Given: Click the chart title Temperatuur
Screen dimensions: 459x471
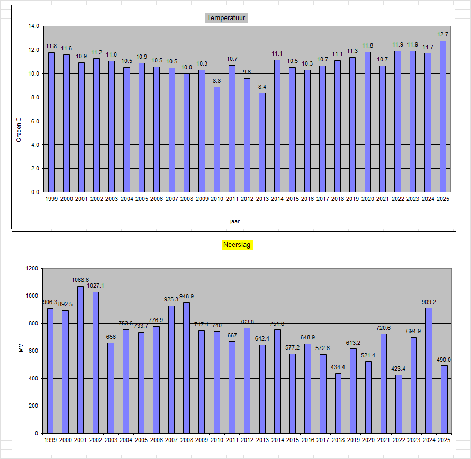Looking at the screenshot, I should coord(226,18).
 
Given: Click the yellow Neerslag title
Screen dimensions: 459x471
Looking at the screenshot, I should coord(237,245).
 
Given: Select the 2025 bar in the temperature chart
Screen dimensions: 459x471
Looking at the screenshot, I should coord(442,116).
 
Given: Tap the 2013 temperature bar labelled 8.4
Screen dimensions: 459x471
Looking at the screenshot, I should coord(262,142).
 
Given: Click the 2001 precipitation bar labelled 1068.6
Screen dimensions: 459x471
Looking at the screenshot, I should coord(80,360).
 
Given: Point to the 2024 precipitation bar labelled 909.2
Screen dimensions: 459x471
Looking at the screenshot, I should coord(429,370).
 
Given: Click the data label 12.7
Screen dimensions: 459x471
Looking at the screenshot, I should coord(442,34).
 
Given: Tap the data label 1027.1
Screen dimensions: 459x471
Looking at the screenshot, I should coord(95,286).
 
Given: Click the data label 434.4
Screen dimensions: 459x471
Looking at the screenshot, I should coord(338,367).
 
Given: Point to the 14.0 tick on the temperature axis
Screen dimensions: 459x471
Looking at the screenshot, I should coord(33,26).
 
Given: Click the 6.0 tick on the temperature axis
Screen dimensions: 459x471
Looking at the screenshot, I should coord(33,121).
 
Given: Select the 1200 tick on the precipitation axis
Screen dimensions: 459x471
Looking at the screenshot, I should coord(32,269).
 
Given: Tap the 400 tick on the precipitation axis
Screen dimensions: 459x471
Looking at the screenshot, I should coord(33,379).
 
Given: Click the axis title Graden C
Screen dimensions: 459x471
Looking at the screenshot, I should coord(19,129).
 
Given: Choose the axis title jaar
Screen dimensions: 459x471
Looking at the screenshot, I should coord(235,222).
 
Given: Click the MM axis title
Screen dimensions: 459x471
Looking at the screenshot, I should coord(21,348).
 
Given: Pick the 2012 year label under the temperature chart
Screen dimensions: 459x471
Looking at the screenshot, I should coord(247,199).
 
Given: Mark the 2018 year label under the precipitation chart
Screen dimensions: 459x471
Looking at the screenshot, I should coord(338,440).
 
